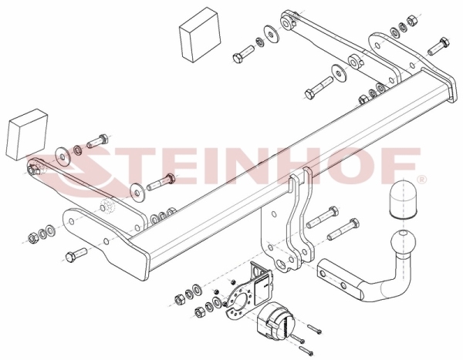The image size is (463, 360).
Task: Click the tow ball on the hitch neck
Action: click(403, 241)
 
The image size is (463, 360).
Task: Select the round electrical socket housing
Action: click(276, 320)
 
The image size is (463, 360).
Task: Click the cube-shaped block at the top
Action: click(200, 35)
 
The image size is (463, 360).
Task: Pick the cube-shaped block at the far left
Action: click(26, 135)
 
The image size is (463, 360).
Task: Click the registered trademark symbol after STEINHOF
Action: click(422, 179)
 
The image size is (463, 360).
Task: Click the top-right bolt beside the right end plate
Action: click(438, 46)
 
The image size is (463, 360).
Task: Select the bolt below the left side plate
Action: click(76, 254)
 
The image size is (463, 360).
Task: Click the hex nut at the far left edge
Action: click(32, 237)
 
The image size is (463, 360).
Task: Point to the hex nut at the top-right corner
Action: click(411, 22)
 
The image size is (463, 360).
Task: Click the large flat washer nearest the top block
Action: click(271, 34)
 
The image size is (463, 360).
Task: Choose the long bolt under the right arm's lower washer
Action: click(319, 88)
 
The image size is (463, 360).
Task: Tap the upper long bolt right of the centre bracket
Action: click(322, 217)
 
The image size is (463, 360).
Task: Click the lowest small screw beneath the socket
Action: click(306, 351)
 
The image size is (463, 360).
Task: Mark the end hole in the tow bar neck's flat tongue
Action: click(323, 274)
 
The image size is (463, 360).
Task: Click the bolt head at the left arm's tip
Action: click(33, 170)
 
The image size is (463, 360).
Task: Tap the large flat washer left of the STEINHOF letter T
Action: click(62, 154)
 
